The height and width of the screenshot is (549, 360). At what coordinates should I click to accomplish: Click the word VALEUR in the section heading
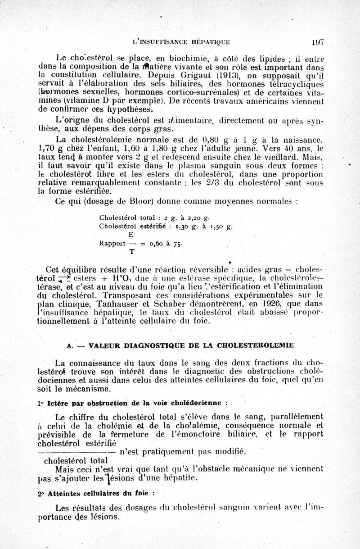pyautogui.click(x=104, y=345)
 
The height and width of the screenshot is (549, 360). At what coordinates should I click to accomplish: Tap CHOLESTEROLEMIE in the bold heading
pyautogui.click(x=256, y=345)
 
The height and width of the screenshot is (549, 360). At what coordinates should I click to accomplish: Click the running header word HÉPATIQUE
pyautogui.click(x=211, y=43)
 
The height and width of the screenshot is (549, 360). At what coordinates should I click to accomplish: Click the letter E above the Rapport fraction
pyautogui.click(x=131, y=235)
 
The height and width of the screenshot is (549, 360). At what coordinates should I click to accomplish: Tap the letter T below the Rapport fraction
pyautogui.click(x=131, y=252)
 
